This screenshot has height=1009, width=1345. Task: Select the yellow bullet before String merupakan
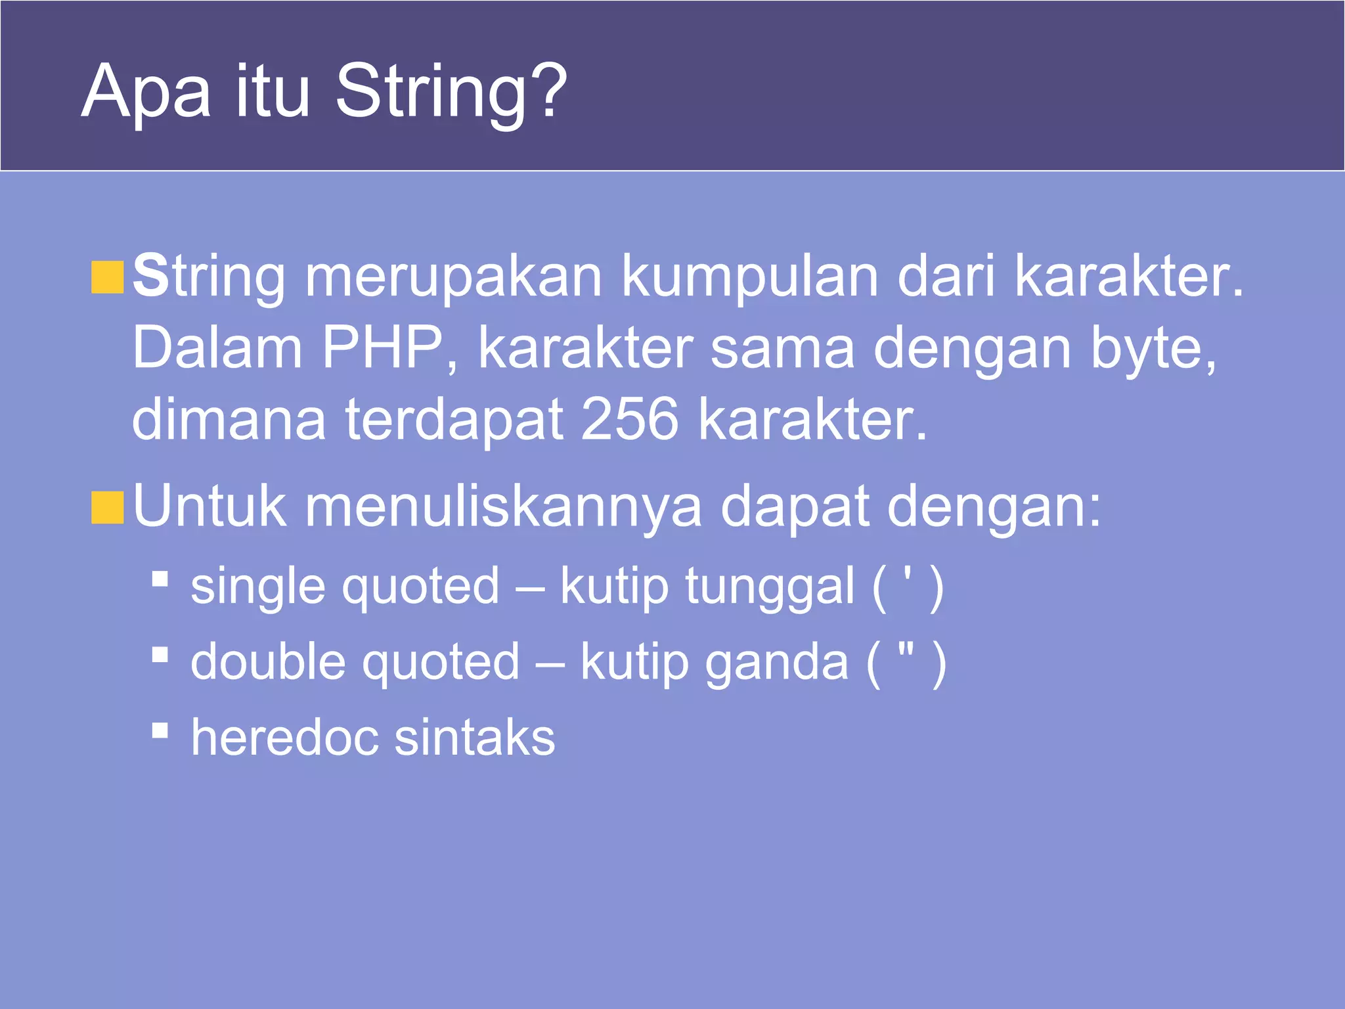pos(107,277)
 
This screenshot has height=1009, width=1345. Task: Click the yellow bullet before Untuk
pos(107,508)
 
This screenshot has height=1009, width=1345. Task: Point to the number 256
pos(629,418)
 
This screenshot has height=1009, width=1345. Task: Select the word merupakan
pos(453,277)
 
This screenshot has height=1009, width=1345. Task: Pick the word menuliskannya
pos(503,507)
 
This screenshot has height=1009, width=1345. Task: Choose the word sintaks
pos(474,737)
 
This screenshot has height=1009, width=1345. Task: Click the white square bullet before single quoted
pos(160,578)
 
